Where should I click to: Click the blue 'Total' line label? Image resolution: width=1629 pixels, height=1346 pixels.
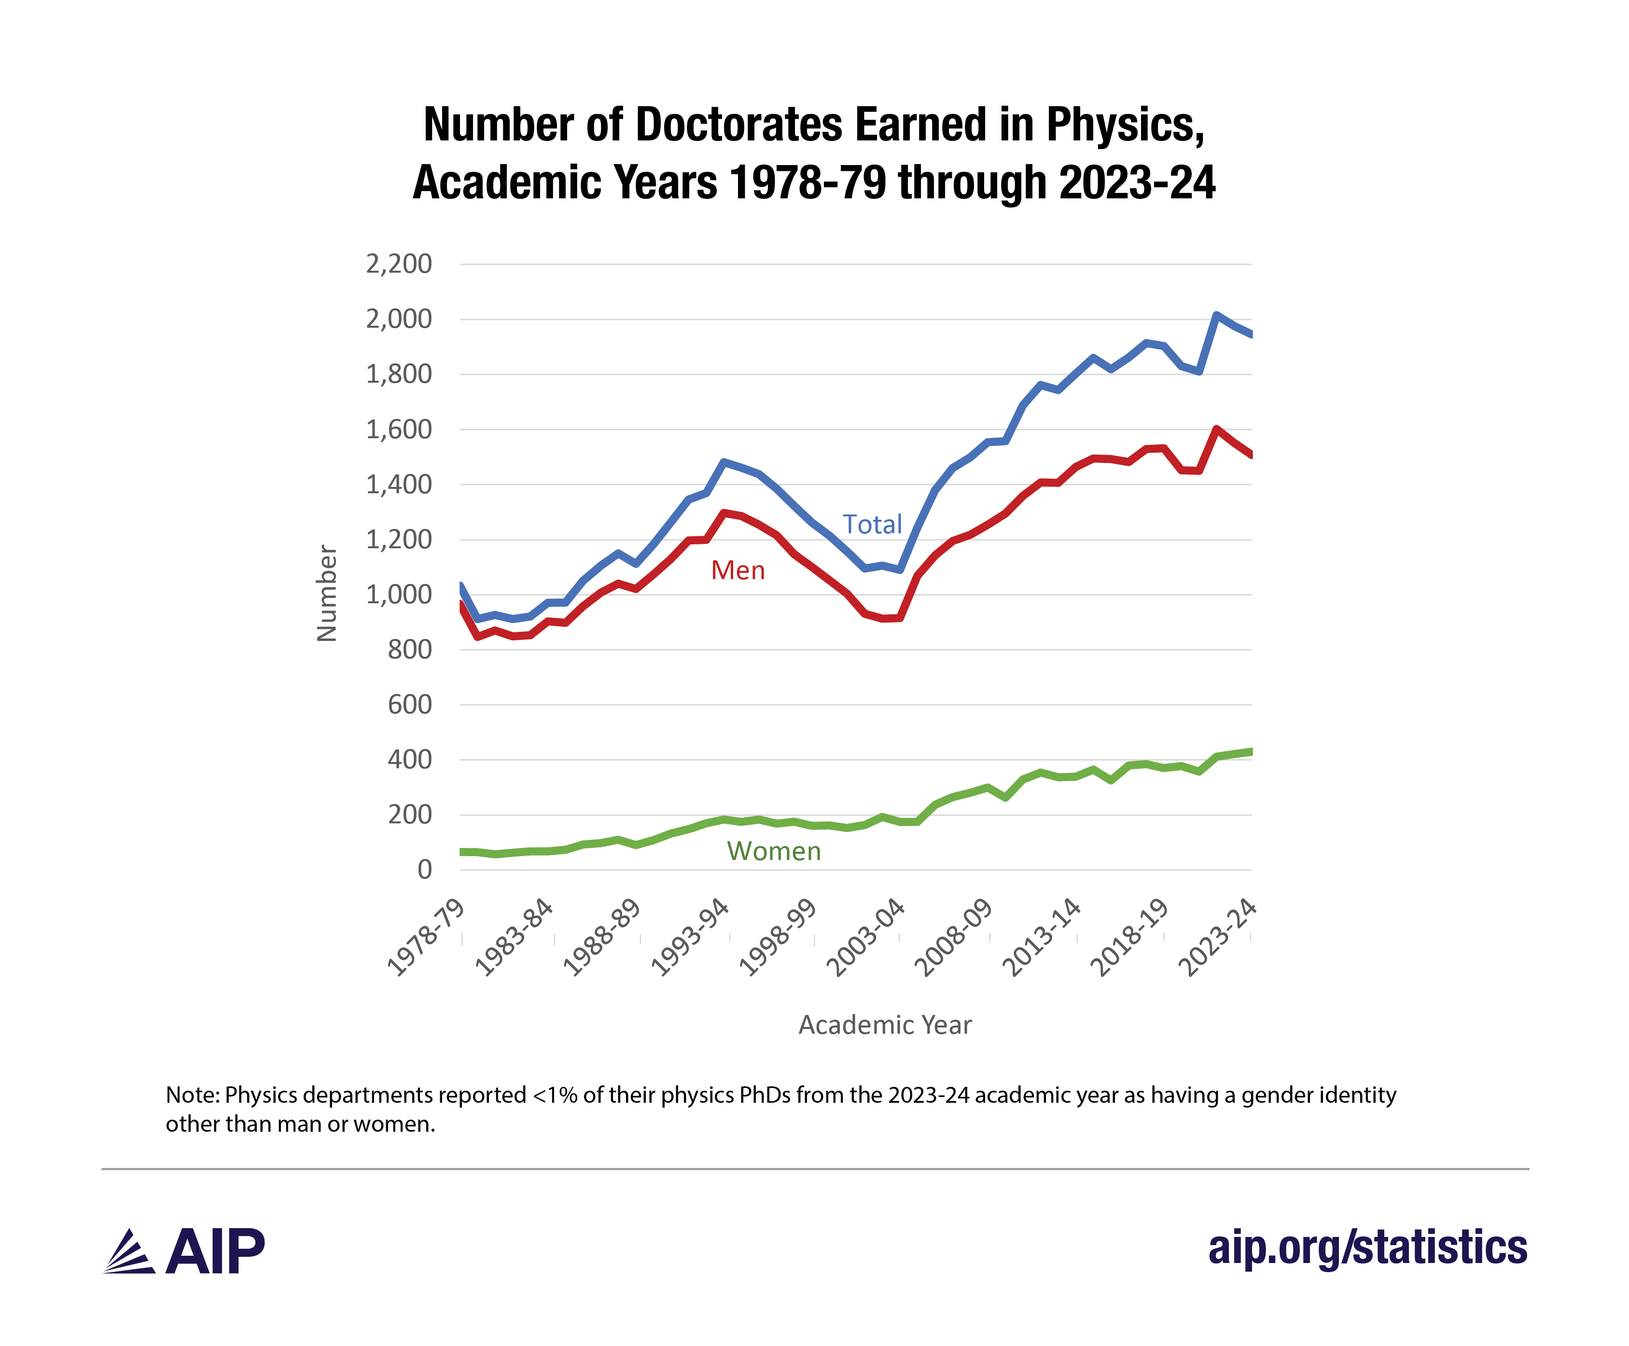tap(872, 525)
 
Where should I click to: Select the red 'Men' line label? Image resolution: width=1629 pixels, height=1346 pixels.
tap(738, 570)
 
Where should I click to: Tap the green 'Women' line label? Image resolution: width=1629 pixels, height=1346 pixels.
tap(773, 851)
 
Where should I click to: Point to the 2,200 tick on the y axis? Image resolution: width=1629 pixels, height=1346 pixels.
tap(399, 264)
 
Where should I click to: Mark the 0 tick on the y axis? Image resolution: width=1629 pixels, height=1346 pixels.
tap(424, 870)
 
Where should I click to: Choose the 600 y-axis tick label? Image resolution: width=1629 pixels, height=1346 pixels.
tap(409, 705)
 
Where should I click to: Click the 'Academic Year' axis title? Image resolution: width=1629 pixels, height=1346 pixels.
tap(885, 1025)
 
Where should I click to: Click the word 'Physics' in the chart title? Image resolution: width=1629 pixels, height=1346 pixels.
tap(1124, 125)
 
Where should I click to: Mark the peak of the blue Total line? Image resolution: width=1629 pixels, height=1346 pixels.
tap(1216, 315)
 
